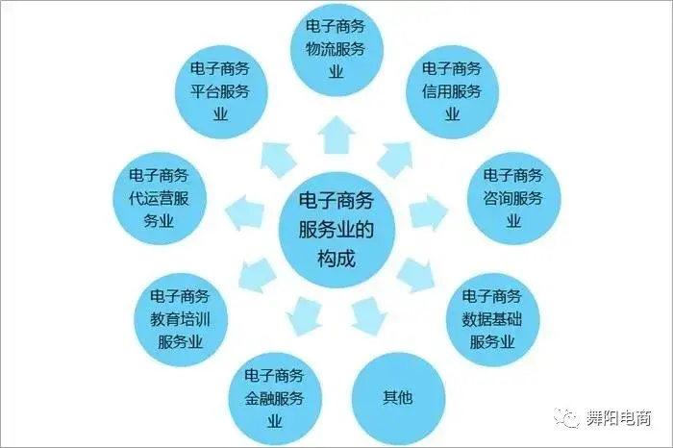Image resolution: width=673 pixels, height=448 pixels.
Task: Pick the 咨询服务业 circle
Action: pos(512,197)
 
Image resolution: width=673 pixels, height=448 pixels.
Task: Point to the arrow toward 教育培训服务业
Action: pos(257,271)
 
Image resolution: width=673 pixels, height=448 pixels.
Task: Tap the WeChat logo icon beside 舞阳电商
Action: pos(570,418)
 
